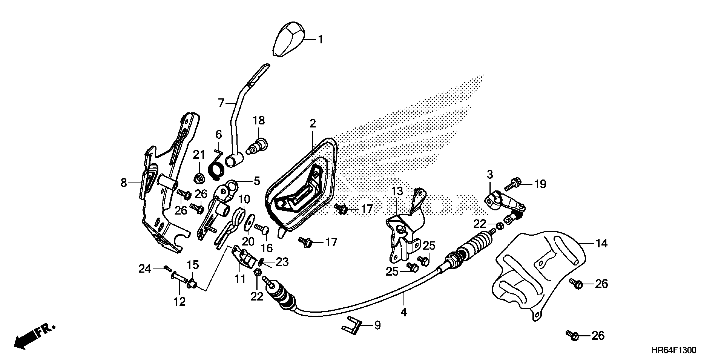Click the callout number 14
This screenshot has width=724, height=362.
(x=602, y=243)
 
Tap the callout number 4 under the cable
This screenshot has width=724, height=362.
(x=404, y=312)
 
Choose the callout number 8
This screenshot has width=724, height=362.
(x=124, y=183)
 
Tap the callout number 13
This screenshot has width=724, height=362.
(x=397, y=191)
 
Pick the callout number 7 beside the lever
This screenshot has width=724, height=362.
(x=221, y=103)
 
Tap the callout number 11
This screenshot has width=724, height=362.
(x=240, y=279)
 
